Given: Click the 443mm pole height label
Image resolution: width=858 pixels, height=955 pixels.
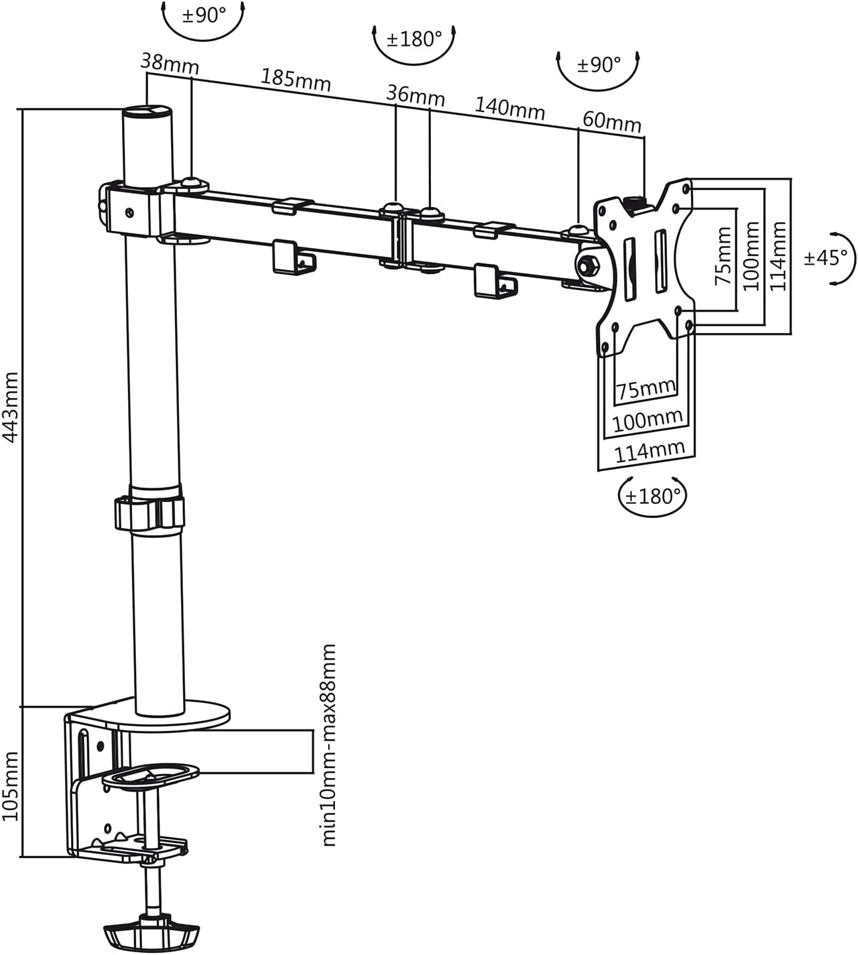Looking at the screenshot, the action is (11, 407).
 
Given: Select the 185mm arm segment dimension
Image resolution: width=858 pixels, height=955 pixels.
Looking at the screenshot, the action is (296, 80).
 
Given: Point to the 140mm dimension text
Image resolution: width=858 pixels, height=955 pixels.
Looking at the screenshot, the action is (510, 108).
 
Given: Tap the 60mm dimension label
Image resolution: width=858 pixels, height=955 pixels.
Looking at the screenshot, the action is (612, 121).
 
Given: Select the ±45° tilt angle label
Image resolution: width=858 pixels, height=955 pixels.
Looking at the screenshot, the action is (826, 258).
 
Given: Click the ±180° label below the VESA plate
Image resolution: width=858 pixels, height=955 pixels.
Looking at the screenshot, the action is (652, 496).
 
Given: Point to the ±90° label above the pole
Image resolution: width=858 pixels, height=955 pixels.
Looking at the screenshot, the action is (204, 15).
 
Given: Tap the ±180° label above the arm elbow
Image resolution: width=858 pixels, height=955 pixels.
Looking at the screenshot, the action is (414, 39).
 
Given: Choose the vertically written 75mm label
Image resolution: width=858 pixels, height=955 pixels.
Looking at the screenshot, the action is (723, 255).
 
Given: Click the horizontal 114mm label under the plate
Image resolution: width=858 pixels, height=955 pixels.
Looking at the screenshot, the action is (649, 452).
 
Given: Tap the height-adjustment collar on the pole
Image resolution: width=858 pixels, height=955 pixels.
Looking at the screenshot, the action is (149, 512).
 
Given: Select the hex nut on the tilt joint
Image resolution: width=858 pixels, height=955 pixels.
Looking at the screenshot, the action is (588, 265).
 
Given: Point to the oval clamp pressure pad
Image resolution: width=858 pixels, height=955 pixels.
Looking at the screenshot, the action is (151, 775).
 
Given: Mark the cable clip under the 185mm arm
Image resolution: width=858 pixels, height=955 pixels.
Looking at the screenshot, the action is (293, 258).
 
